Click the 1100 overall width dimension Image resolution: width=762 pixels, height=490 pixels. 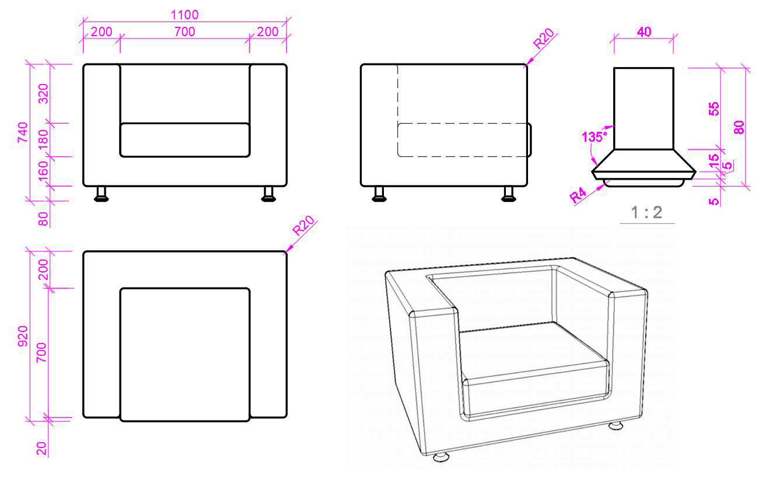point(184,15)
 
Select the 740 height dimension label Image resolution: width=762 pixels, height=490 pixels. point(24,133)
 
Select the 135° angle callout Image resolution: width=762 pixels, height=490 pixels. point(595,138)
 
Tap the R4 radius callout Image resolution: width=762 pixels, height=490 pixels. point(579,195)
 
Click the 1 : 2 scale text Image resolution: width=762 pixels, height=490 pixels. point(647,212)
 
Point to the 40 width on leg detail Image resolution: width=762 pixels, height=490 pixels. point(644,32)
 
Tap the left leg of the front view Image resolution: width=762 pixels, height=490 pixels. point(102,194)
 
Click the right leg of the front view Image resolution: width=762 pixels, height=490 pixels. point(268,194)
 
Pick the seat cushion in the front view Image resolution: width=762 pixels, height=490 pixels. point(185,140)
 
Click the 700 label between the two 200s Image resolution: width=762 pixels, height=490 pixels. point(184,32)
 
